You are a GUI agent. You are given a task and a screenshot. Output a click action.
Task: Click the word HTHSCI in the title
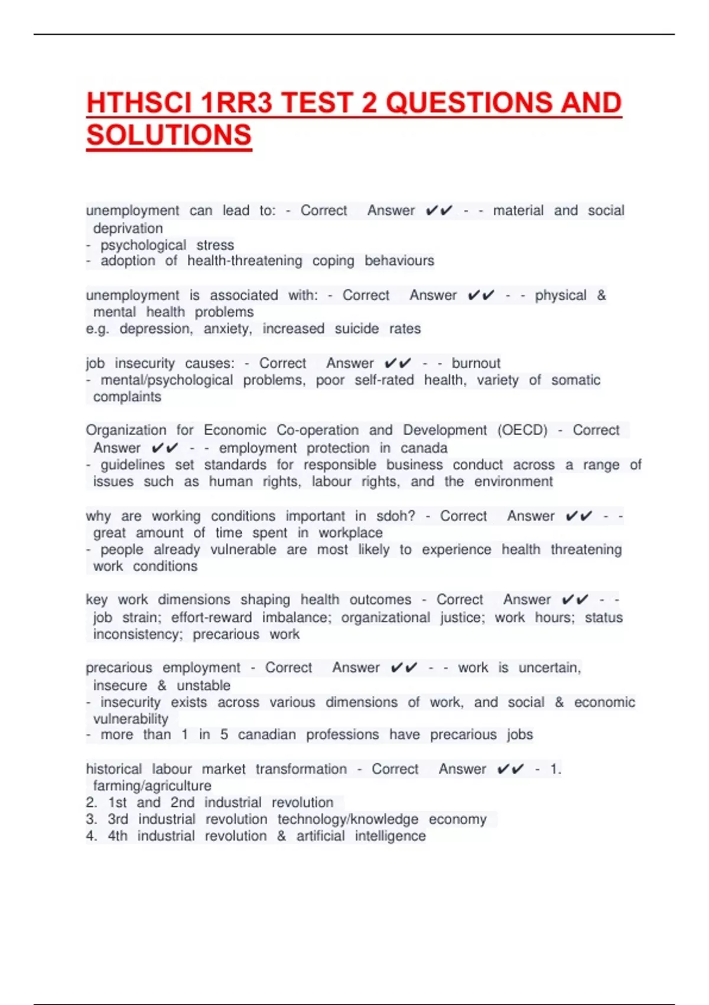pos(140,103)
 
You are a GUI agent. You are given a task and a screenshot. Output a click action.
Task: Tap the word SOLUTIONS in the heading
pos(169,135)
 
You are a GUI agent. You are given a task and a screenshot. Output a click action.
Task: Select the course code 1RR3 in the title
pos(236,103)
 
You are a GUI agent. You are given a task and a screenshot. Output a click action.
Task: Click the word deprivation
pos(128,228)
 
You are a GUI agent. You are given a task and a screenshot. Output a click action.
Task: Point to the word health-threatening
pos(245,261)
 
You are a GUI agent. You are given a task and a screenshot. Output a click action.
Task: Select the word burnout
pos(476,363)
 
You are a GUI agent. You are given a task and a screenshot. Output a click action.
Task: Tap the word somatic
pos(575,380)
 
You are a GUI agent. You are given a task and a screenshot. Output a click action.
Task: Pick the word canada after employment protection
pos(424,448)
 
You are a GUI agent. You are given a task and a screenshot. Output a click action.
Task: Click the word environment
pos(513,482)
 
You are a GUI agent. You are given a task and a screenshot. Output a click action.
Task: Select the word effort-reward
pos(211,618)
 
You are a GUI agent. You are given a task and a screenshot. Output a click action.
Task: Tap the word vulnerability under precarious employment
pos(131,719)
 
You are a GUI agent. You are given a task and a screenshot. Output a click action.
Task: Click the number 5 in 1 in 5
pos(224,735)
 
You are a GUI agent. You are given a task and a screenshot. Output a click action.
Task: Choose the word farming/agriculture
pos(152,786)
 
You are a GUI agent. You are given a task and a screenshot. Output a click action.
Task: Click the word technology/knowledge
pos(347,819)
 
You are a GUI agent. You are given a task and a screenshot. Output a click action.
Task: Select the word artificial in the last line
pos(320,836)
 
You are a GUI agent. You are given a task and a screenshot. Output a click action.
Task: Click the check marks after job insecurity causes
pos(397,363)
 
